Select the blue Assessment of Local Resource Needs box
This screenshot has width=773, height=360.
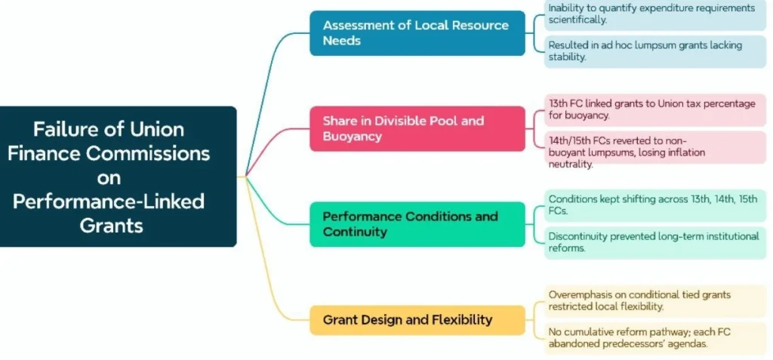(417, 32)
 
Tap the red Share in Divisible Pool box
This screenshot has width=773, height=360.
(417, 128)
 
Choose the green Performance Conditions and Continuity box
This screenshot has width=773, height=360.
(417, 224)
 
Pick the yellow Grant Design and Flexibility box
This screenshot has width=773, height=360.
(417, 320)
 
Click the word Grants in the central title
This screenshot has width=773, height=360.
(111, 225)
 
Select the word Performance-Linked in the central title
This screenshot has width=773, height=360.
(109, 202)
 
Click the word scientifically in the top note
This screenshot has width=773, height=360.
(579, 20)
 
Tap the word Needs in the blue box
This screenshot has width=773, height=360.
(342, 41)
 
